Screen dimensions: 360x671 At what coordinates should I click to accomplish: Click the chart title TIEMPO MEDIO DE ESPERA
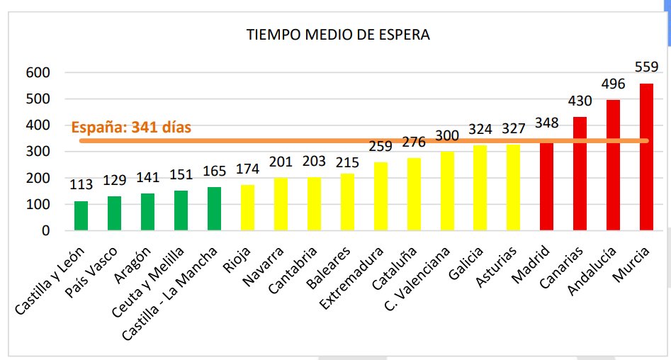(337, 35)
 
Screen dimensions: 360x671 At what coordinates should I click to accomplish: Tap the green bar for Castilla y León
(81, 215)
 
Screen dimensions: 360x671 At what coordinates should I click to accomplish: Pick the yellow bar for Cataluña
(414, 194)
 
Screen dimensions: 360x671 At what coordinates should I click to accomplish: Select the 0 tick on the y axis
(45, 231)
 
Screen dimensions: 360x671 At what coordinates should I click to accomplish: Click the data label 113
(81, 186)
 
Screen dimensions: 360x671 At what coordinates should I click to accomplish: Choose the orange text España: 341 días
(131, 128)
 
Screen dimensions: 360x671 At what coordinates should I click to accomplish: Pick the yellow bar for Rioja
(247, 208)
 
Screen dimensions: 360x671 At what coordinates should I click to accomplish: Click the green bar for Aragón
(148, 212)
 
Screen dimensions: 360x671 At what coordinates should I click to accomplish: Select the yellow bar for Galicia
(480, 188)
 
